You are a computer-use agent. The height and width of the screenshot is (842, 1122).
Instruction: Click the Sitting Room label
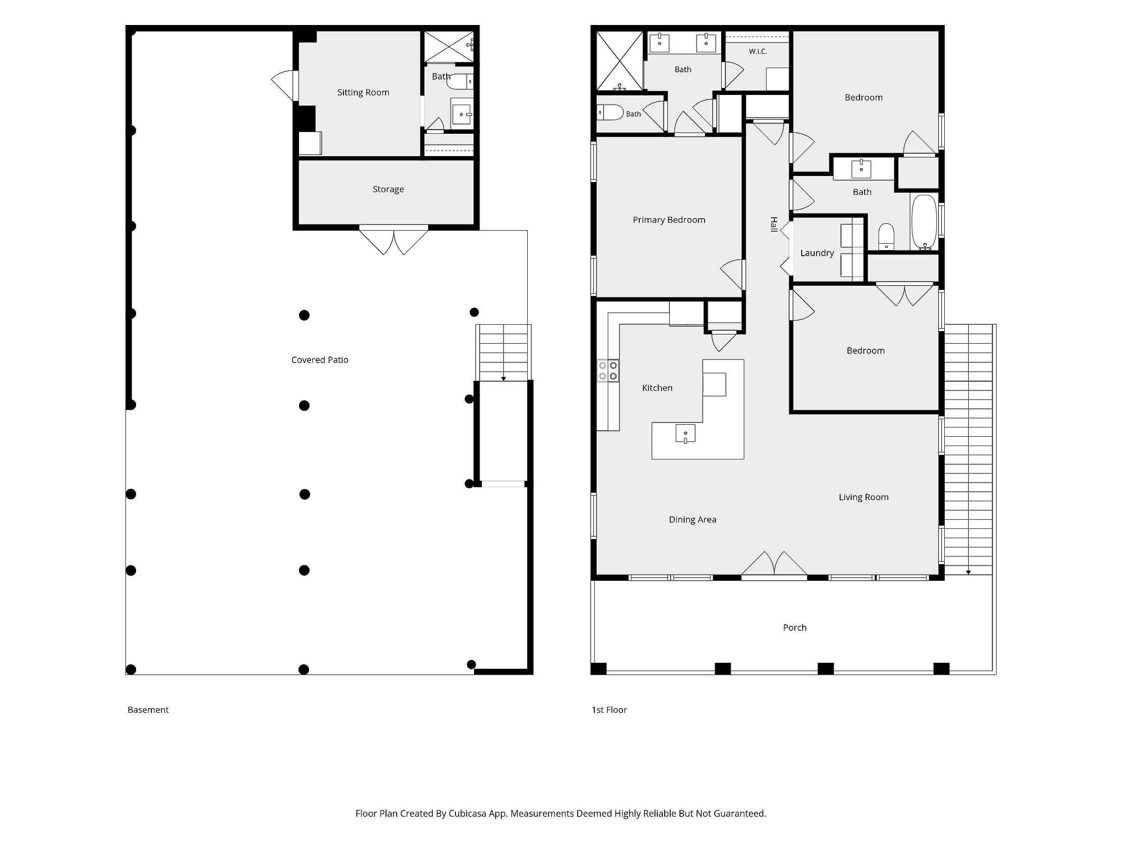click(363, 92)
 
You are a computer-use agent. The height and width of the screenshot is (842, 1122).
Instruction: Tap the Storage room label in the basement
click(388, 189)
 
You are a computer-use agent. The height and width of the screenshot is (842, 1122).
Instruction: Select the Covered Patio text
click(319, 360)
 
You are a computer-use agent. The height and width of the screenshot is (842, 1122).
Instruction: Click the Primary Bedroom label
click(668, 220)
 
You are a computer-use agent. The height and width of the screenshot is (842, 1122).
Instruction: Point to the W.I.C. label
click(758, 51)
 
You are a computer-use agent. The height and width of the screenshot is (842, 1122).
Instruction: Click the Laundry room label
click(817, 253)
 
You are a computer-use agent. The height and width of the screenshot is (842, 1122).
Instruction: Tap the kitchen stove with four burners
click(608, 371)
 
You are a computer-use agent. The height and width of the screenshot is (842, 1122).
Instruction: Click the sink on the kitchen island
click(685, 434)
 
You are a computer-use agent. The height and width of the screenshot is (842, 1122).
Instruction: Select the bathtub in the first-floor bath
click(924, 222)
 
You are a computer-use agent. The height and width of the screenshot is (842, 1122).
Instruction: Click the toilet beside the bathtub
click(886, 237)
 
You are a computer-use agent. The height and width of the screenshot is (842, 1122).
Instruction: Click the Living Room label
click(863, 497)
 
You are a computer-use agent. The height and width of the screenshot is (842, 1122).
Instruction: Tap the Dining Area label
click(692, 520)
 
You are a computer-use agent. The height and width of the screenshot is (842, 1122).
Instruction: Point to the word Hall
click(774, 224)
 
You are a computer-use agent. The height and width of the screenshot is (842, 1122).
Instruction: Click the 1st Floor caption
click(609, 710)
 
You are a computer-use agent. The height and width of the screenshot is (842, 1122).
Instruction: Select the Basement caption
click(148, 710)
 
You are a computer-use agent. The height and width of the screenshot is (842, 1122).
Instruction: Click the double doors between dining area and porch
click(774, 565)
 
